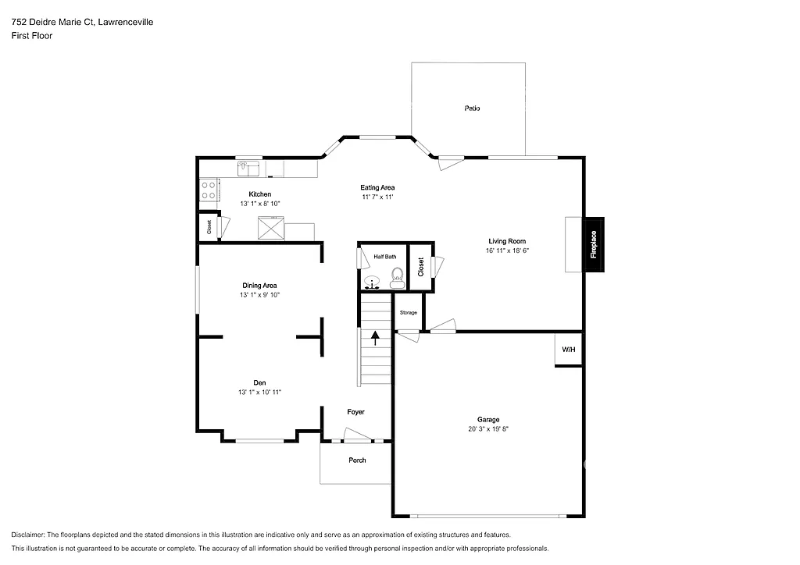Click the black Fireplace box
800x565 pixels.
[594, 244]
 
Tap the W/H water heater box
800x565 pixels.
[568, 349]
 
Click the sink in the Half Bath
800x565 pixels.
[372, 282]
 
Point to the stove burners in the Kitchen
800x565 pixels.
[209, 190]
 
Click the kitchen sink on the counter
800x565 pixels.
[248, 167]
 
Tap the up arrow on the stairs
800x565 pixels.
[376, 338]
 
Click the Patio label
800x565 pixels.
[472, 108]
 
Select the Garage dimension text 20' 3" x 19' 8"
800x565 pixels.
[488, 428]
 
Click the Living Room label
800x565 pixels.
[507, 241]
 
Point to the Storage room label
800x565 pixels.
[409, 312]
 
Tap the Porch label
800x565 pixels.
[357, 460]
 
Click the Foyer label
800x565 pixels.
[355, 411]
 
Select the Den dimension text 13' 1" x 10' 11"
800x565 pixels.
[259, 392]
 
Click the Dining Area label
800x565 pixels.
[259, 286]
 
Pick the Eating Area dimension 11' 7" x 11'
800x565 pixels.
[377, 197]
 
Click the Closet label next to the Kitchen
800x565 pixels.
[209, 227]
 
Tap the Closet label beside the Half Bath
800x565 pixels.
[420, 267]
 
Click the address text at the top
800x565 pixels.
[82, 23]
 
